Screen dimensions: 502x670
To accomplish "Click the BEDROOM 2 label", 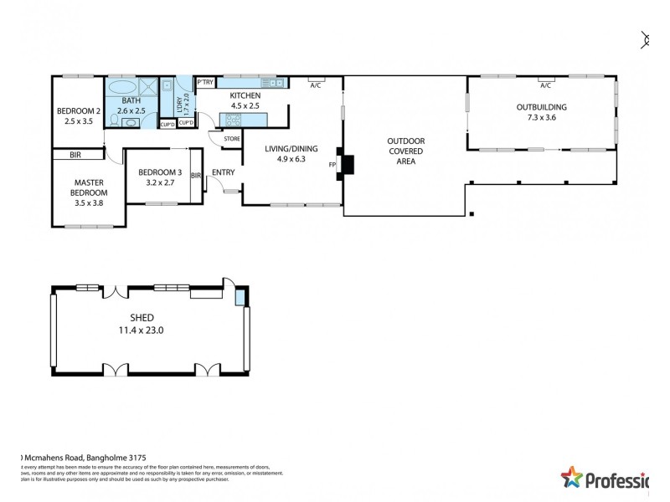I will (x=79, y=111).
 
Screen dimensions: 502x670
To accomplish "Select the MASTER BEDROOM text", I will (x=88, y=187).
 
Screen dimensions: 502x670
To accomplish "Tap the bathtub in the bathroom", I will (x=122, y=88).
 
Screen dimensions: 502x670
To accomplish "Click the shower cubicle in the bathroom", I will (x=147, y=88).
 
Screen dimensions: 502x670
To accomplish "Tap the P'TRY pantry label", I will (x=205, y=82).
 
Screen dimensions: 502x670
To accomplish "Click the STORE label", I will (x=232, y=138).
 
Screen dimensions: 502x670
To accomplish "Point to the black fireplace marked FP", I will (x=347, y=164).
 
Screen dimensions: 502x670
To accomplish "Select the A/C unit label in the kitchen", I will (x=316, y=85).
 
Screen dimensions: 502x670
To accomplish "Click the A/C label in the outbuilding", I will (x=545, y=85).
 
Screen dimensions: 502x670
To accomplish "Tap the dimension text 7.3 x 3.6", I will (x=541, y=118).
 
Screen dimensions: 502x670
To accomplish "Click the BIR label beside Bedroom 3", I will (x=196, y=176).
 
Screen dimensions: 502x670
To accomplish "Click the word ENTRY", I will (x=223, y=173).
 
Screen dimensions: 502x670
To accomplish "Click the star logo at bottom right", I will (x=572, y=479).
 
